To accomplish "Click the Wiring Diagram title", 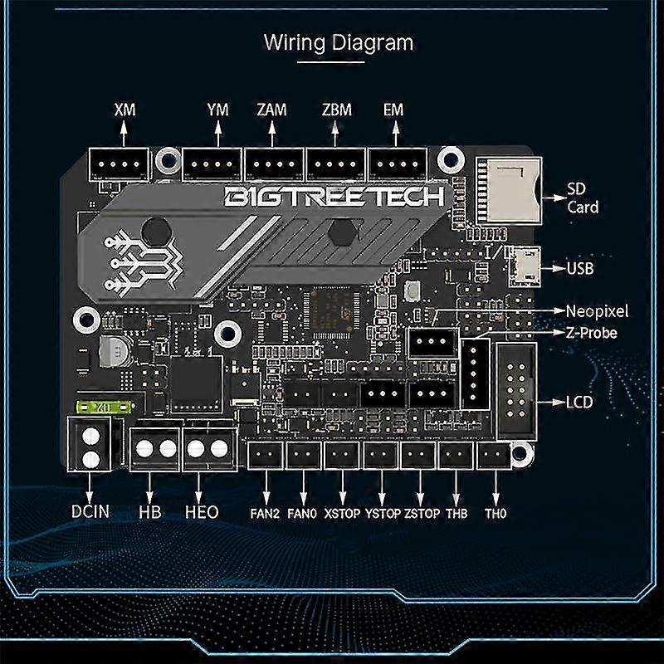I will pos(338,41).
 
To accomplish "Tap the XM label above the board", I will pos(125,110).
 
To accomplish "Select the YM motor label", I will pos(217,110).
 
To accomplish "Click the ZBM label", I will pos(337,110).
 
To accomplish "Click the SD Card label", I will pos(583,198).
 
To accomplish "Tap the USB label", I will pos(580,269).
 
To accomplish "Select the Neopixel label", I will pos(597,311).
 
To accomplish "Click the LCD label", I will pos(579,403).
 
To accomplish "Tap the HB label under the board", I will pos(150,512).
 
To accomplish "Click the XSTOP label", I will pos(342,514).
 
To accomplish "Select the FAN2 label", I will pos(266,514).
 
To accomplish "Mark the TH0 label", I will pos(496,514).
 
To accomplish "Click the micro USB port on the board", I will pos(525,266).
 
